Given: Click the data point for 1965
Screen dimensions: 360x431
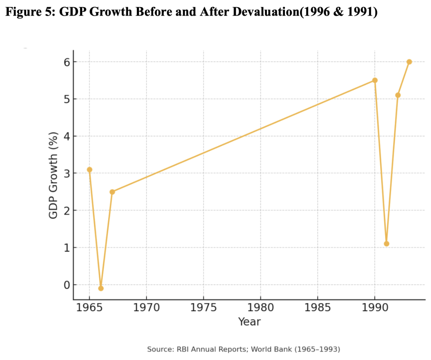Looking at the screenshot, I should [89, 170].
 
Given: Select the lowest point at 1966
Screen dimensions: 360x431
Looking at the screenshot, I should [101, 288].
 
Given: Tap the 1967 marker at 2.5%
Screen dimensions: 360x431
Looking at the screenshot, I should [112, 192].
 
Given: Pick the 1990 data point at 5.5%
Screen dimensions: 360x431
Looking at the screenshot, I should [375, 80].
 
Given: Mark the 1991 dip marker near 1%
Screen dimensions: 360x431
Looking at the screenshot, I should [386, 244].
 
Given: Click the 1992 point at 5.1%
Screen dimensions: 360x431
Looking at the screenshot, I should [398, 95].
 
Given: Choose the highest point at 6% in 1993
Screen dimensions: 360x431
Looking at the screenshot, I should [409, 62].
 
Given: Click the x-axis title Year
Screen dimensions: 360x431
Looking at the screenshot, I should [249, 322].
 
